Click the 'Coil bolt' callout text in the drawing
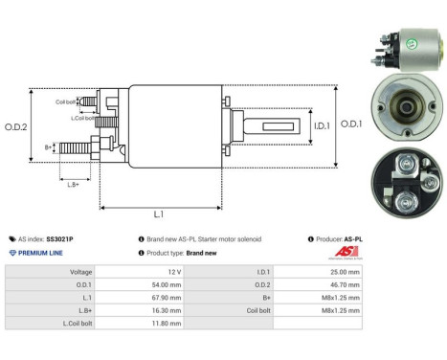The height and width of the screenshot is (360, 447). click(x=65, y=101)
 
